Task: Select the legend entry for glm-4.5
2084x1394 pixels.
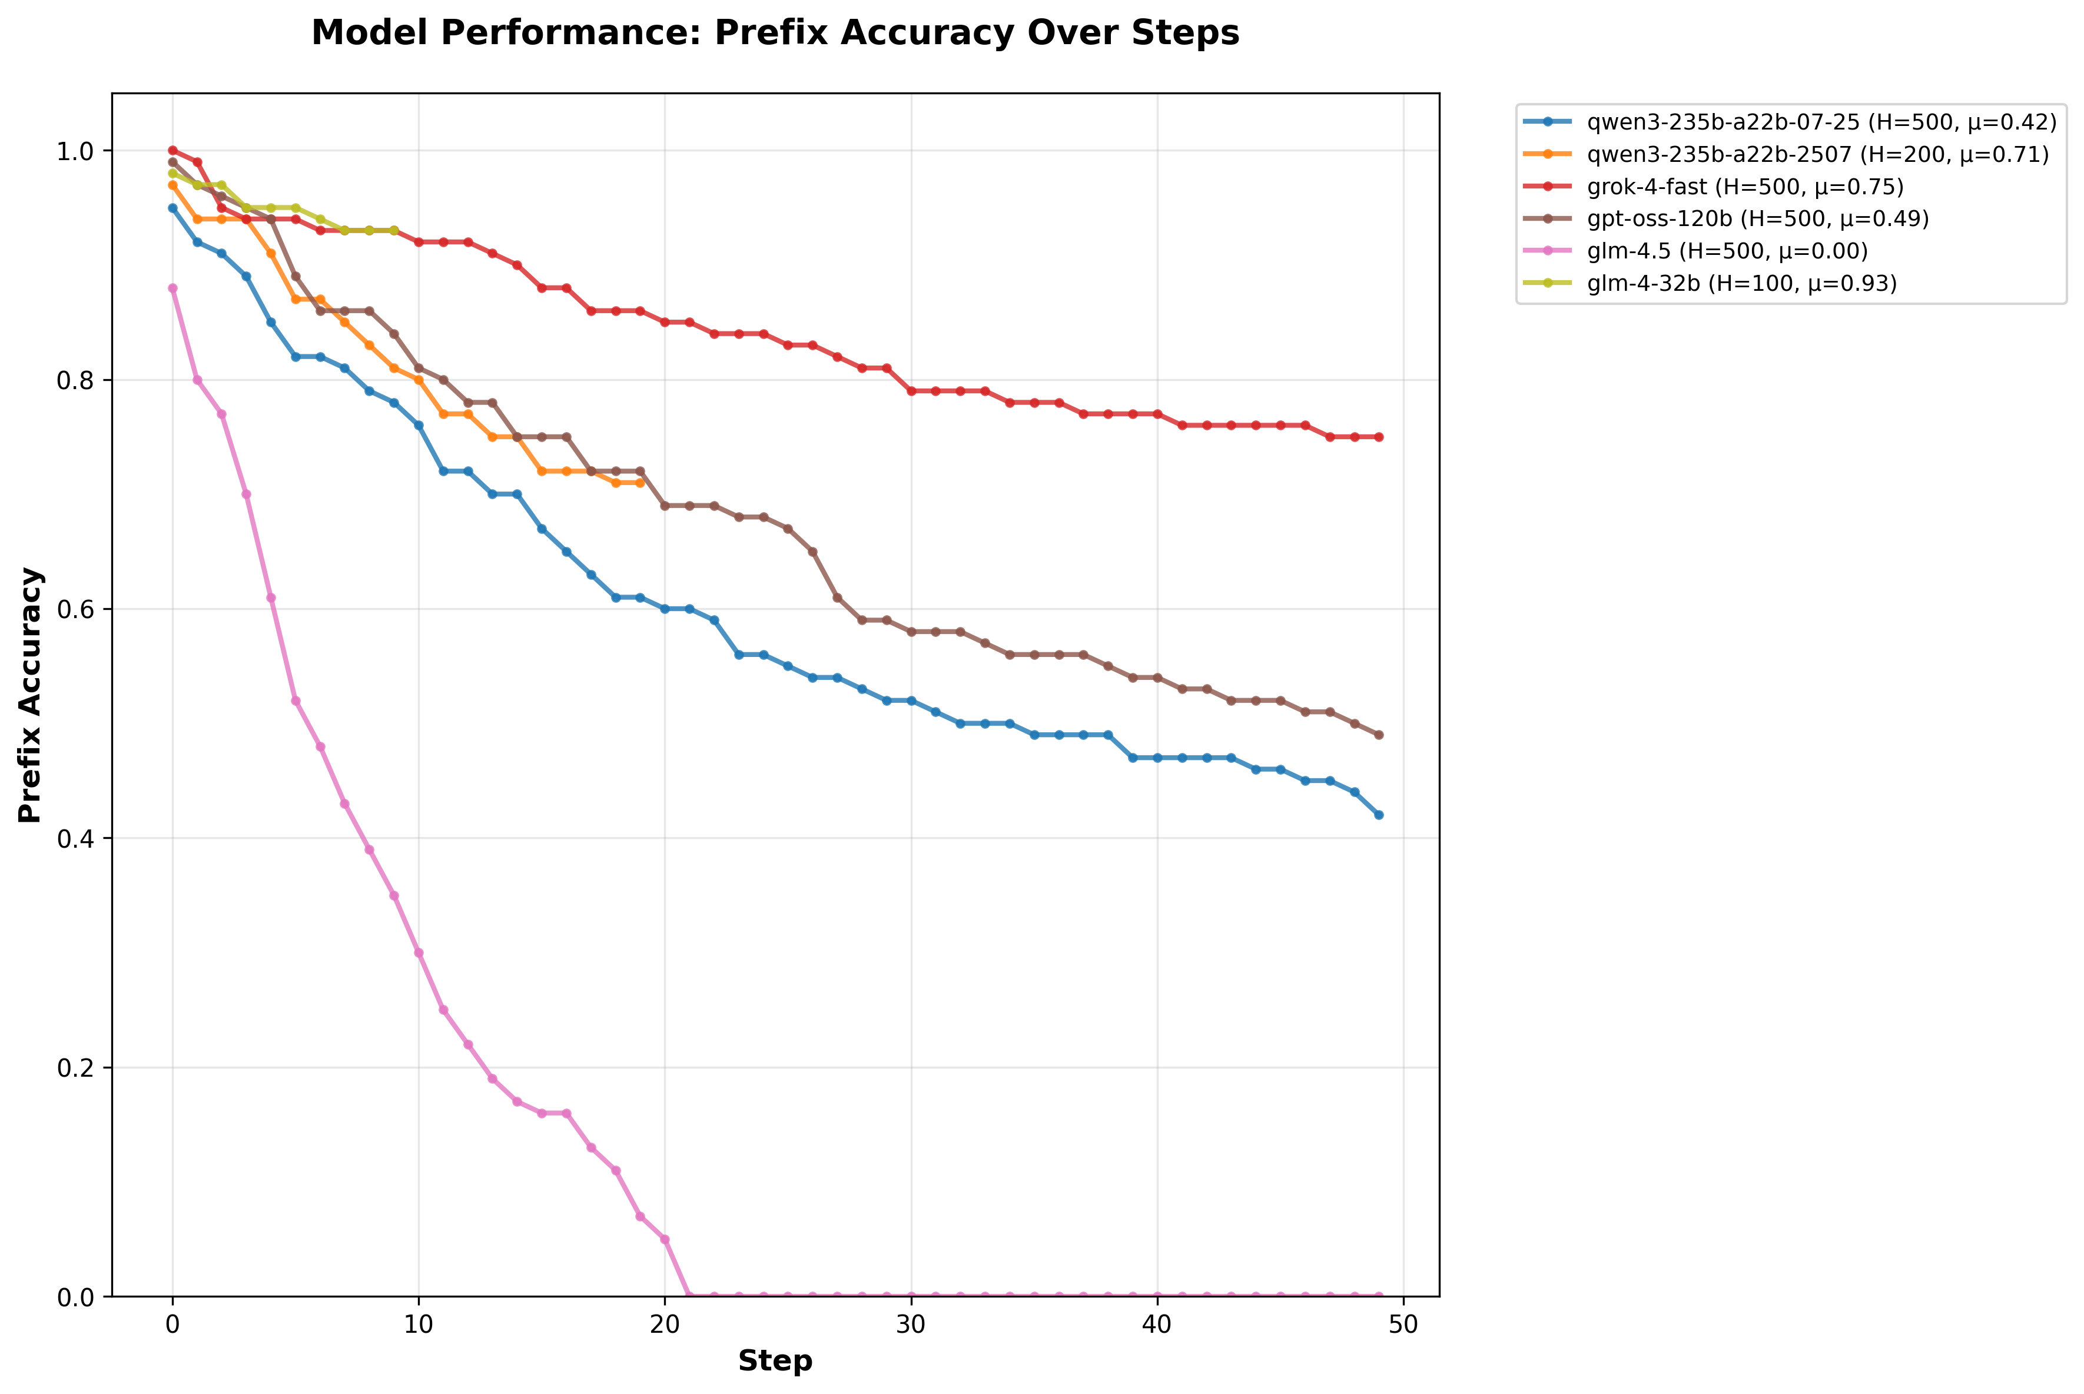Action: pos(1727,251)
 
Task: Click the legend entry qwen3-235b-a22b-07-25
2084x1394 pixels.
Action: pos(1821,122)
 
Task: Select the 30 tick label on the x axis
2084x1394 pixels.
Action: pos(910,1325)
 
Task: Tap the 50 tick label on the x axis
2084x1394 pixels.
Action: pos(1403,1325)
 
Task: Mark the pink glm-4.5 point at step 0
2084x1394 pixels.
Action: pos(172,288)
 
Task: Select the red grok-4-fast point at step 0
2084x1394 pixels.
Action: pos(172,150)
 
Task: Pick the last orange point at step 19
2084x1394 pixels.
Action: pos(640,483)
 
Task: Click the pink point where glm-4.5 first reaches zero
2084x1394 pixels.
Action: pos(689,1296)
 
